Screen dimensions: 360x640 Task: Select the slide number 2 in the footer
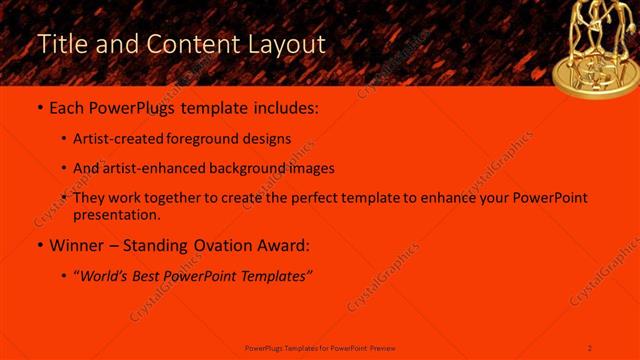[590, 347]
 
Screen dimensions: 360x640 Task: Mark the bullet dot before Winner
[39, 245]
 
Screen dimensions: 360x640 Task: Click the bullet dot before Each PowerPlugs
[39, 107]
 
